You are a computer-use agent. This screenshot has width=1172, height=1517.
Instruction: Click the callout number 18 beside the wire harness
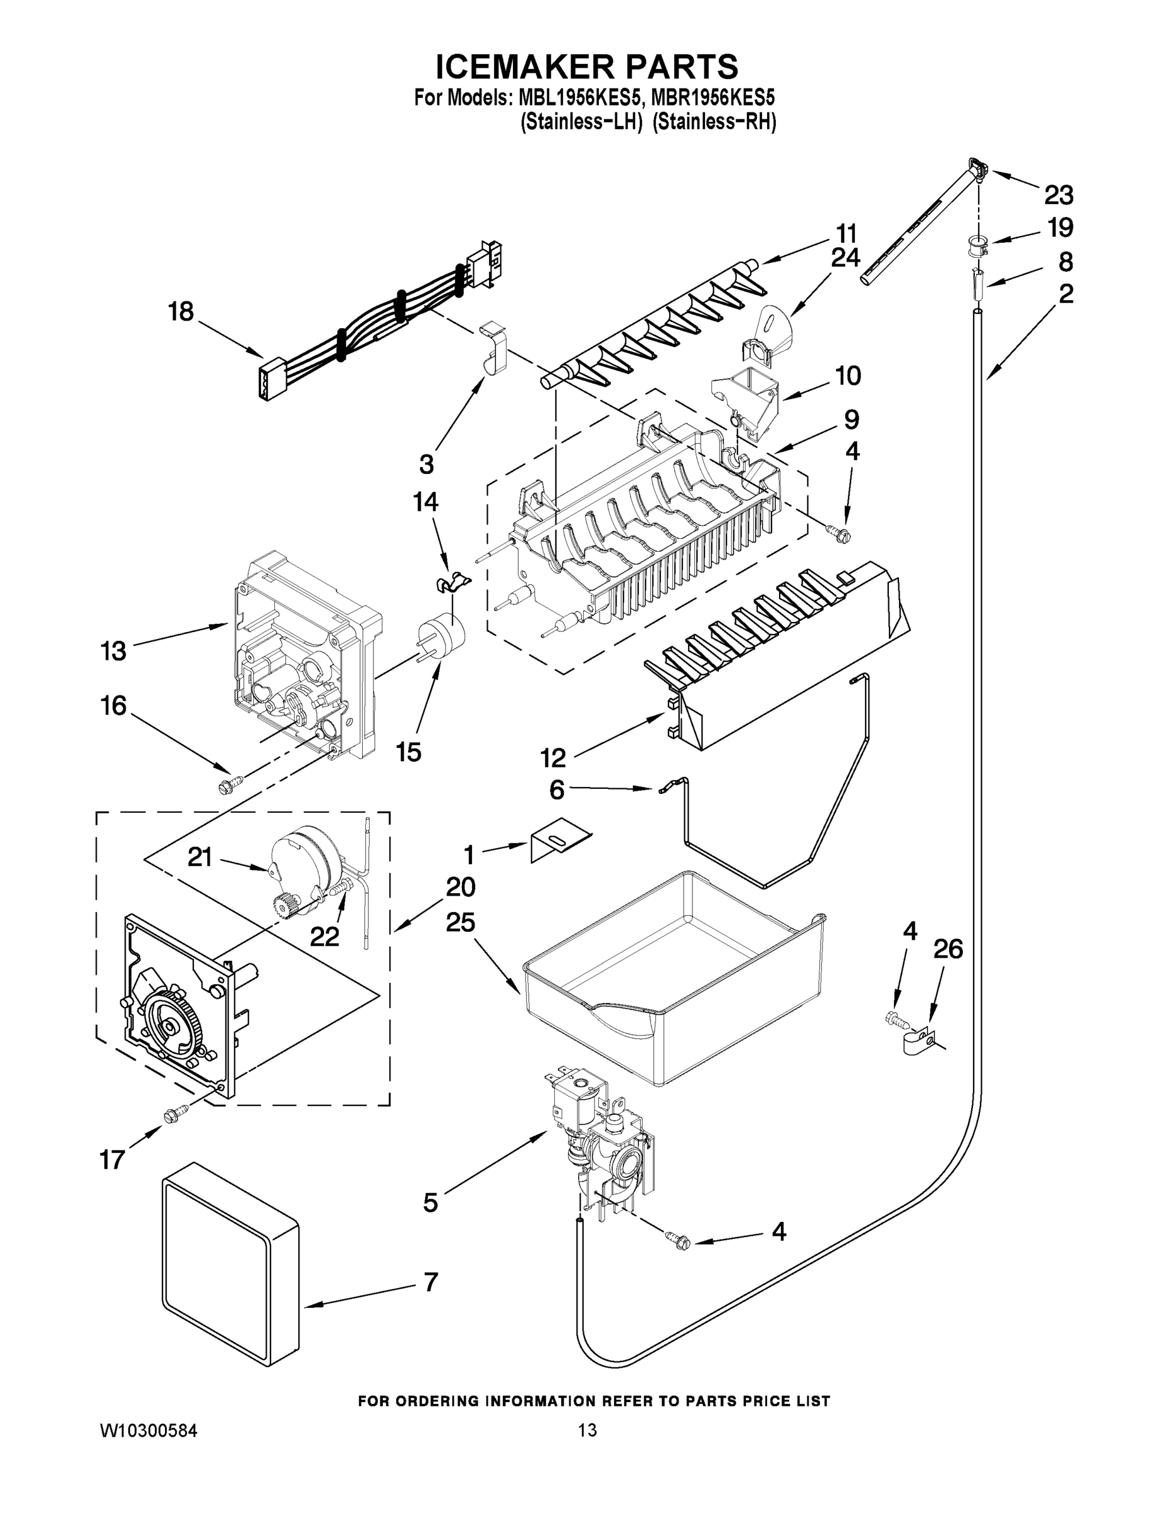(x=181, y=312)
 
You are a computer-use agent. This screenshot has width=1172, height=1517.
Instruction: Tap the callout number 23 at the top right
(x=1058, y=195)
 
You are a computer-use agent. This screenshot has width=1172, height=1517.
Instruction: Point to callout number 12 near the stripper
(x=553, y=758)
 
